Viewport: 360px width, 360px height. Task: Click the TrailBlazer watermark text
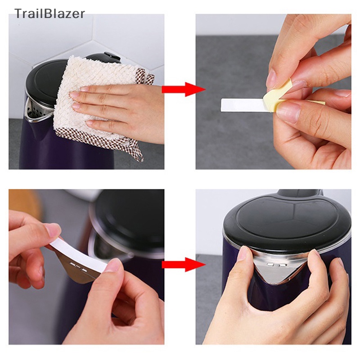click(x=49, y=13)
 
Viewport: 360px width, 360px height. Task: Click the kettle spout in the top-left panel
click(x=34, y=110)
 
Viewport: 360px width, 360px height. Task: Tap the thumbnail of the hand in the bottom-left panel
click(x=53, y=230)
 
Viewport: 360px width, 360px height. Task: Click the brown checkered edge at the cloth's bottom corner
click(x=135, y=151)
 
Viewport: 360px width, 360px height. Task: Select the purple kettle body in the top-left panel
click(x=45, y=148)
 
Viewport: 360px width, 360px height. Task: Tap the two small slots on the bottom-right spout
click(x=275, y=265)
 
